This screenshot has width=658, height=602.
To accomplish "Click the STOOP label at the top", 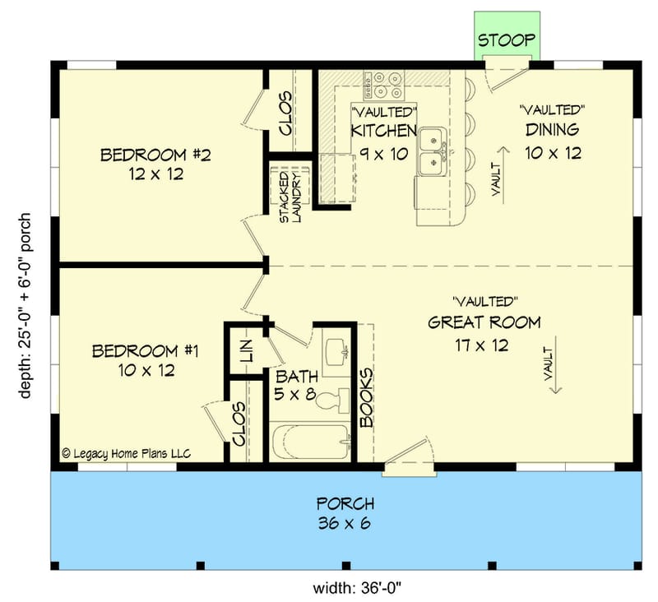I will click(x=507, y=40).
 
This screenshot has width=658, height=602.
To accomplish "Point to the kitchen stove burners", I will click(x=385, y=81).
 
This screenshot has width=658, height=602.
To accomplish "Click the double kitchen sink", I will click(x=431, y=151).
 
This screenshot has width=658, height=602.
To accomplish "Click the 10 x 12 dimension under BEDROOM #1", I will click(x=145, y=371).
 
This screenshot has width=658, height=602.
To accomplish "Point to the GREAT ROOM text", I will click(x=484, y=322).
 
